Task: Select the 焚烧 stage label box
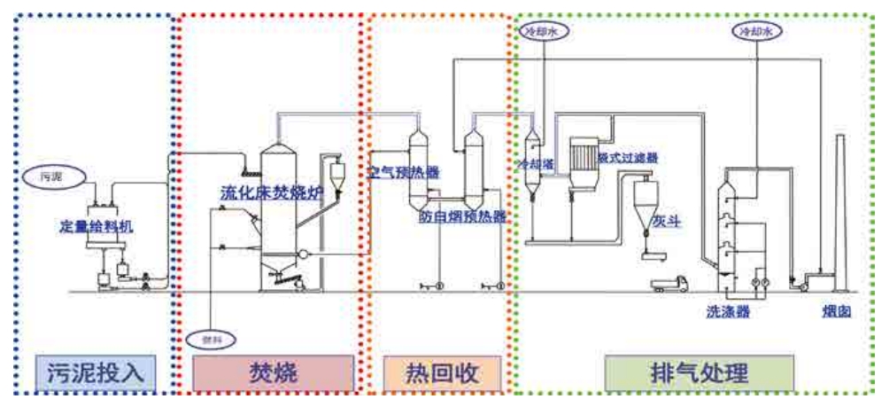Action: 272,371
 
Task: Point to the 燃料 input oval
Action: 209,338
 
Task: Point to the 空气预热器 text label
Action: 403,173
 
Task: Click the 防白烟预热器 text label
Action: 462,215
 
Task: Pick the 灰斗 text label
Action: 668,221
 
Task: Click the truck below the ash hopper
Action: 669,285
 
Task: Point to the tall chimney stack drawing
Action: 841,213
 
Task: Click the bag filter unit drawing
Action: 584,160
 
